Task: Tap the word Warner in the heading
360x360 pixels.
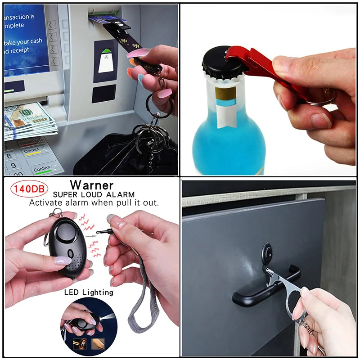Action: [92, 185]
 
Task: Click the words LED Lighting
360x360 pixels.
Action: [89, 292]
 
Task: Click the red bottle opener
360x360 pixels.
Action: [265, 67]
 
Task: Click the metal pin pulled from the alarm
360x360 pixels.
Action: [102, 232]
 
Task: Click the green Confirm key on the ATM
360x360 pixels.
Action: [45, 169]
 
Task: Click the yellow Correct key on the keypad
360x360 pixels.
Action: [32, 151]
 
